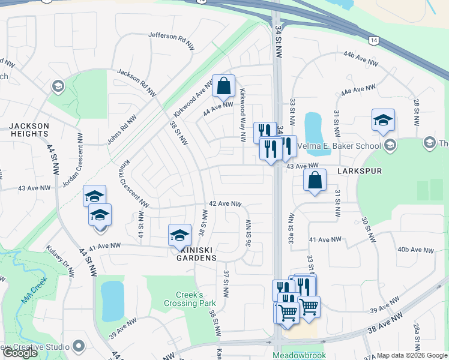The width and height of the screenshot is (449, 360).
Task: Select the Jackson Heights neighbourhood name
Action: [x=28, y=129]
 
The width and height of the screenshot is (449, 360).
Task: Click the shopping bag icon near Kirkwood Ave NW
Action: [x=223, y=86]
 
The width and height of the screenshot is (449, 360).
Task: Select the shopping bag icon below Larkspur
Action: [x=315, y=180]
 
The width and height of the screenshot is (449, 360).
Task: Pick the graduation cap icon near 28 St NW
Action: [x=382, y=120]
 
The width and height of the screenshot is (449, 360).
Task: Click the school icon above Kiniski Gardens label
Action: [x=179, y=235]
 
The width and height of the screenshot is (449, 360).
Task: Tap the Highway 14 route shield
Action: [x=374, y=40]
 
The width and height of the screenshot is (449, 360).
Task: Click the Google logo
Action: [x=20, y=353]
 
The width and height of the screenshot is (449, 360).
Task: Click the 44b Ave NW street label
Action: [x=360, y=58]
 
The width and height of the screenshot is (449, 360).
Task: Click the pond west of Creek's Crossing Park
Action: [x=112, y=300]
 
